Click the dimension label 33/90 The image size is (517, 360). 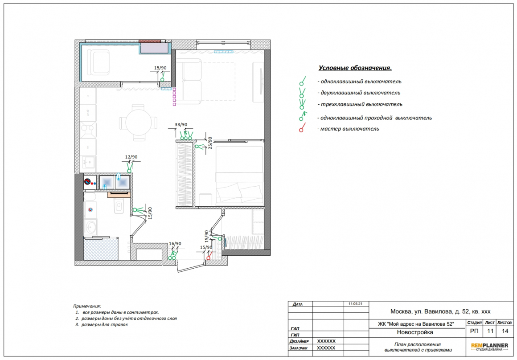pos(181,125)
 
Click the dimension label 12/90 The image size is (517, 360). pos(131,157)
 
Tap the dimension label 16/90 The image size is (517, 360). pos(175,244)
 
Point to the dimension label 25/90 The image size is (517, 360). pos(210,143)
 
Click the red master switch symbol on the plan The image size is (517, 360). pos(209,256)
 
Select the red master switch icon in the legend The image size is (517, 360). pos(302,127)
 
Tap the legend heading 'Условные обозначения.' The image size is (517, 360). pos(355,68)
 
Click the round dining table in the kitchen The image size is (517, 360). pos(139,123)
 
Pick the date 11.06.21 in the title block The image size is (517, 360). pos(356,303)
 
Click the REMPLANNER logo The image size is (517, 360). pos(489,347)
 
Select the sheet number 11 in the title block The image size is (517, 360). pos(490,331)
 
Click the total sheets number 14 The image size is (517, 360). pos(505,331)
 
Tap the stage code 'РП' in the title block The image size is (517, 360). pos(474,331)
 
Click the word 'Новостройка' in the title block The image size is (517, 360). pos(415,332)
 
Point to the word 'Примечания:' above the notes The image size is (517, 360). pos(87,306)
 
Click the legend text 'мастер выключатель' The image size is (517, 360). pos(349,129)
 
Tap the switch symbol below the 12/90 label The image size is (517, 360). pos(130,168)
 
